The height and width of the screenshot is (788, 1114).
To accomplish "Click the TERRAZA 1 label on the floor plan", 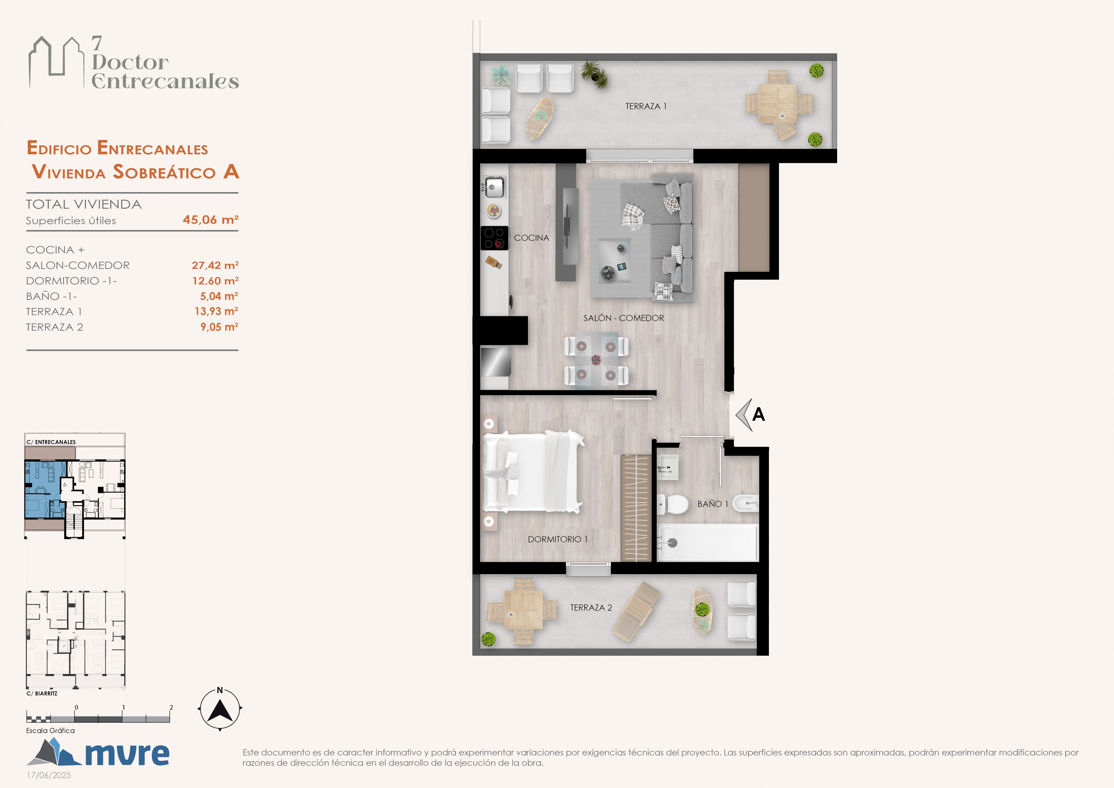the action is point(646,106).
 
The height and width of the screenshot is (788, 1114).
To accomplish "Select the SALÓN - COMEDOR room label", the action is point(623,318).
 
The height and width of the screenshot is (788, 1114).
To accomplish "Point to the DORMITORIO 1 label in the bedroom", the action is point(558,539).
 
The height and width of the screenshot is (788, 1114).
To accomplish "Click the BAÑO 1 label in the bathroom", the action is point(713,504).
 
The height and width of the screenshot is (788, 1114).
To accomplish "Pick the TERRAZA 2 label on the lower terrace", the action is point(591,608).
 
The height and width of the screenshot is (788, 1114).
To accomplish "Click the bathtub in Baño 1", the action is point(707,542).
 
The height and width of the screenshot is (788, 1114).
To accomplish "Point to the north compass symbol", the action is point(220,709).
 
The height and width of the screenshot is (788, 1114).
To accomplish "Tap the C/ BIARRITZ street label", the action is point(42,693).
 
